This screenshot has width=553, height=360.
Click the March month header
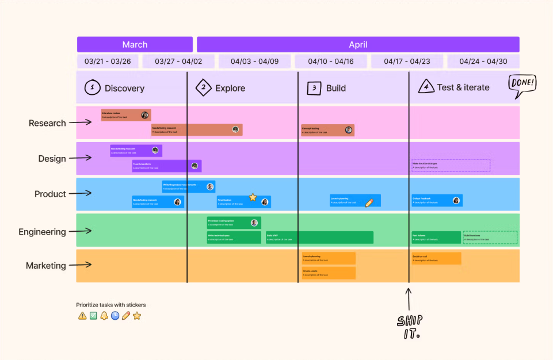[135, 44]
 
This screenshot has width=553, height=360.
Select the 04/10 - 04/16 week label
[331, 61]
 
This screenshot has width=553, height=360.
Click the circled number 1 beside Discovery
[92, 87]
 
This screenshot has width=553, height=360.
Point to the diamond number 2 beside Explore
[203, 87]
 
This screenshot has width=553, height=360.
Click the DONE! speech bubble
[522, 84]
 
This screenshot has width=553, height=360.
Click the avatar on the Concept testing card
[348, 130]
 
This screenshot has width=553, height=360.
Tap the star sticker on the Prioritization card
[253, 197]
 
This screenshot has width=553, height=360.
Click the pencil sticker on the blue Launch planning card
[369, 202]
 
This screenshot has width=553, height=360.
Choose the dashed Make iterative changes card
[451, 166]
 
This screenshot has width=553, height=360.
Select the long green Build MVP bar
[319, 238]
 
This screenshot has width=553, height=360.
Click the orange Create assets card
[329, 273]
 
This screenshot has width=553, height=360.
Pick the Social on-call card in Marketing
[436, 258]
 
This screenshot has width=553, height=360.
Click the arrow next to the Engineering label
[81, 231]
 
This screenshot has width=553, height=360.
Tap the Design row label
[52, 158]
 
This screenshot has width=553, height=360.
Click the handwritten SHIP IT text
[409, 327]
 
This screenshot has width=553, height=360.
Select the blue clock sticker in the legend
[115, 316]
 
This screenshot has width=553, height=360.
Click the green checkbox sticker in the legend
[93, 316]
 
